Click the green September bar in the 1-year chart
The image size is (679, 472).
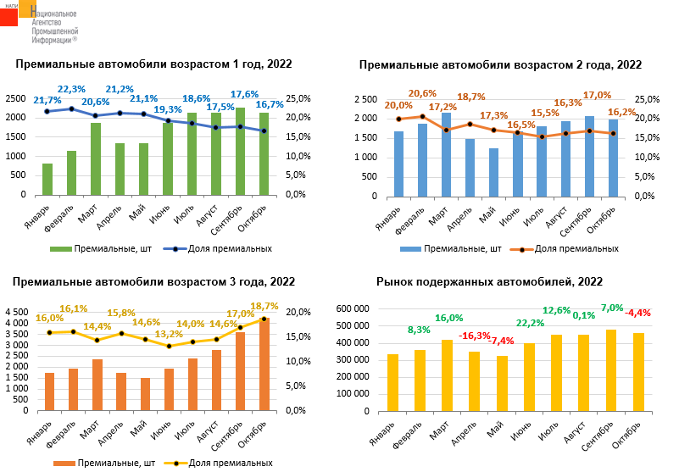coord(241,151)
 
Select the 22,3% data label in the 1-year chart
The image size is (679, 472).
coord(72,89)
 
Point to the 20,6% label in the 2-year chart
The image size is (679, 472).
coord(422,94)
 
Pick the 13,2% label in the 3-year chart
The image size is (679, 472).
coord(169,334)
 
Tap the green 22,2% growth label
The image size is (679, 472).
coord(530,323)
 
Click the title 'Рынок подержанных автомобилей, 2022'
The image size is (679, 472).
coord(489,282)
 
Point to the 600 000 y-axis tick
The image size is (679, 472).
coord(355,308)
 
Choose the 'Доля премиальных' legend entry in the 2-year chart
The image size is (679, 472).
coord(570,249)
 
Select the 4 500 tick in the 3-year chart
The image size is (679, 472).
coord(18,313)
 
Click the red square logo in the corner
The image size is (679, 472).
coord(8,14)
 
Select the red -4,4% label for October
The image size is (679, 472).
coord(637,313)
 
